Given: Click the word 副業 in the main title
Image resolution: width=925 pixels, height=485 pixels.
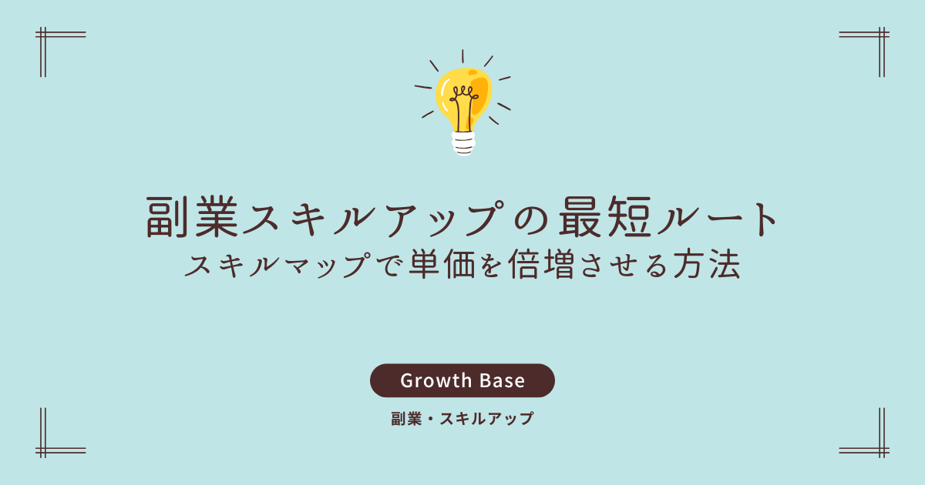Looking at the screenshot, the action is [193, 217].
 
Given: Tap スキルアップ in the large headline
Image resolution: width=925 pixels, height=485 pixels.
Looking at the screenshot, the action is [374, 218].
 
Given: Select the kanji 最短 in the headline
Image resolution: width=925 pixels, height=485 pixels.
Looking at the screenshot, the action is [605, 217].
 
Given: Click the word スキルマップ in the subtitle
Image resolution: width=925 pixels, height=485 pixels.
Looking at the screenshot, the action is [277, 265].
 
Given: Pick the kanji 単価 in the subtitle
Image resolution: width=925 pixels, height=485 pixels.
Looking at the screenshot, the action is [442, 264].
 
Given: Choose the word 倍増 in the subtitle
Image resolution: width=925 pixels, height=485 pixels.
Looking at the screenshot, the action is [541, 264].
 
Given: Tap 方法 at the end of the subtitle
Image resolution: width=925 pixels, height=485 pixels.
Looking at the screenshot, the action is [707, 264].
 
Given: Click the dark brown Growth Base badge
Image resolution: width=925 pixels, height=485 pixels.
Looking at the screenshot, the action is [462, 380].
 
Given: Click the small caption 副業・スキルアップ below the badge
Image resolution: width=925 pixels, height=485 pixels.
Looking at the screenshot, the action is [462, 419].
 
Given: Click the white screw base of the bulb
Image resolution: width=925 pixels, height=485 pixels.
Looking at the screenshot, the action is [463, 143].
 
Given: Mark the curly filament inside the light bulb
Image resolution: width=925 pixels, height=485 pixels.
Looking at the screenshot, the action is [464, 107].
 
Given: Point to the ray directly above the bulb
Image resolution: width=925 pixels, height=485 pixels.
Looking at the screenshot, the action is [462, 56].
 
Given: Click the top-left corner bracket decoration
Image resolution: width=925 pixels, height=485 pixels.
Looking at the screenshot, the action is [43, 35].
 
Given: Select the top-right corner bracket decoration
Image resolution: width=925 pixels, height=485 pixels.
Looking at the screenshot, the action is [882, 35].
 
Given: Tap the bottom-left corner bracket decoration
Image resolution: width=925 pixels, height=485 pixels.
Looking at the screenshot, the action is [43, 450].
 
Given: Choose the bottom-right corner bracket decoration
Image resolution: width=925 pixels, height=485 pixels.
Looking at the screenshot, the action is [882, 450].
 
